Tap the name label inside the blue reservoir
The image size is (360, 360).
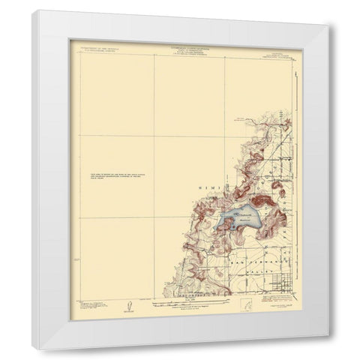(241, 217)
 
